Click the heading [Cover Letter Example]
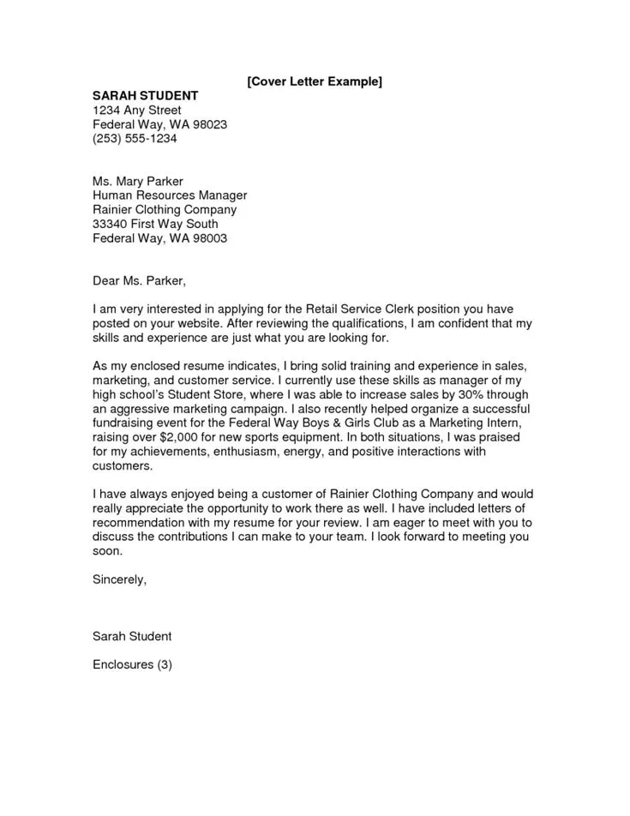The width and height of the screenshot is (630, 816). click(314, 81)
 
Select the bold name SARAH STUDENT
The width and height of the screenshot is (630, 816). click(145, 96)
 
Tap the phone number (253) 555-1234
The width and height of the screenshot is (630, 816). click(135, 139)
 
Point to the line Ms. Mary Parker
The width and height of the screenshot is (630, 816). click(138, 182)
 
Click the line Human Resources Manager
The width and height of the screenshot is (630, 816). click(170, 195)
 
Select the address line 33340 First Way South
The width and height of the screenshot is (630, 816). click(155, 224)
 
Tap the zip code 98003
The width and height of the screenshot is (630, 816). click(209, 238)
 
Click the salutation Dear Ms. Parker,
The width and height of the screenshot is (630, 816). click(139, 280)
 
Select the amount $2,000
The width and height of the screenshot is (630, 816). click(189, 436)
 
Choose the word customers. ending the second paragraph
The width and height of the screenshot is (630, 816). click(123, 465)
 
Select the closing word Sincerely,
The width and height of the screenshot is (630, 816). click(119, 579)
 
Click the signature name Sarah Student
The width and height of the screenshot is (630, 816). click(132, 636)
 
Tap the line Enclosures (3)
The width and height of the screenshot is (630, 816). click(133, 664)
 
